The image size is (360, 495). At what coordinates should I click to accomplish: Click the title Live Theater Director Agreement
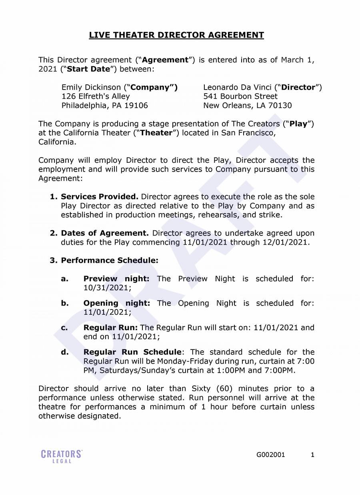(176, 35)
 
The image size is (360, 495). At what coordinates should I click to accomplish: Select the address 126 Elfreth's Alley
(96, 96)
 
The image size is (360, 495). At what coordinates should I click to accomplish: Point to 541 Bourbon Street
(240, 96)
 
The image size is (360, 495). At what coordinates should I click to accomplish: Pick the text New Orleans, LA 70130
(248, 106)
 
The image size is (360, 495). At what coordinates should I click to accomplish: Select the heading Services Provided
(100, 197)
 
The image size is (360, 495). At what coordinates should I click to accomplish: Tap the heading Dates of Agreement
(105, 233)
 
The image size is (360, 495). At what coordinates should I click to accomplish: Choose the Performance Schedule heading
(110, 260)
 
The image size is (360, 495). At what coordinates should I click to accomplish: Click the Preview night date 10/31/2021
(106, 288)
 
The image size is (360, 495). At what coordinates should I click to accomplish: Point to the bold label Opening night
(117, 303)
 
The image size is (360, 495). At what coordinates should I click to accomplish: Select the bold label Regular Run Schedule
(132, 352)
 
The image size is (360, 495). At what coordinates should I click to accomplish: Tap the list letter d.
(65, 352)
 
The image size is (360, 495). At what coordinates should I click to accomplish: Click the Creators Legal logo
(62, 456)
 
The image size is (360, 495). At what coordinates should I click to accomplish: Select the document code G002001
(271, 455)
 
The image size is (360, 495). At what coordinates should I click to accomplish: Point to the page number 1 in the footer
(312, 455)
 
